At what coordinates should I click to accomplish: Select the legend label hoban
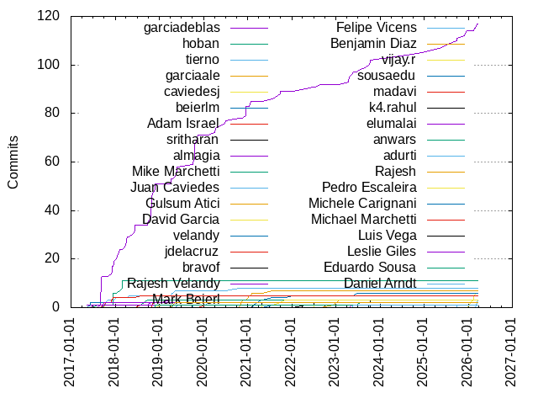201,44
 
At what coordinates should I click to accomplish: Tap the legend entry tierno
203,60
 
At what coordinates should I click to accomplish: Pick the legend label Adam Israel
183,124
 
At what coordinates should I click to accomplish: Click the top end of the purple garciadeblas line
477,24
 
